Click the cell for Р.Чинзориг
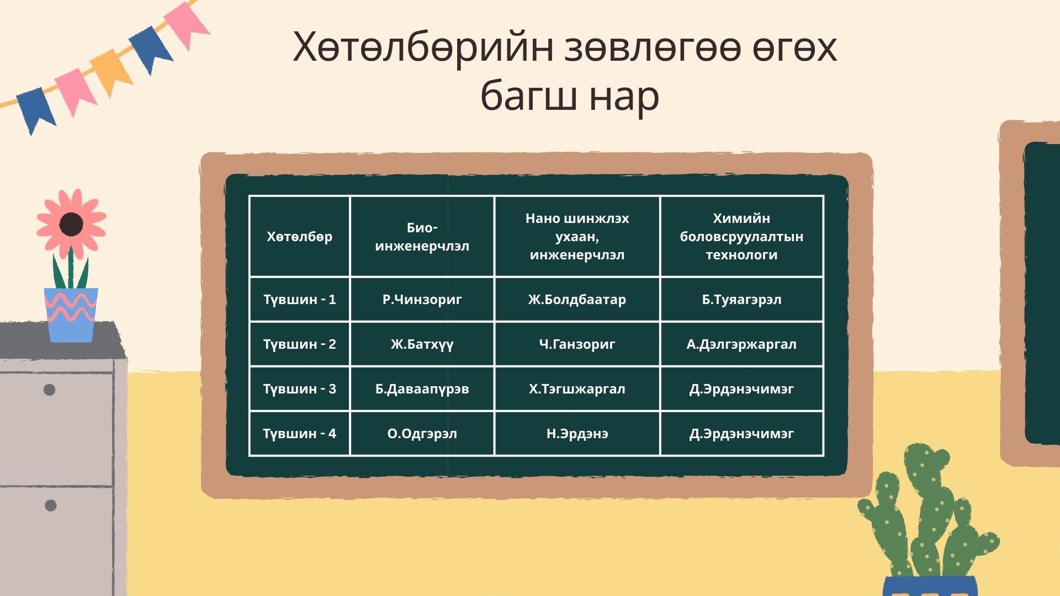click(x=422, y=300)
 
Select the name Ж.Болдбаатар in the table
click(x=577, y=300)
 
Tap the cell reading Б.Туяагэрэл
click(x=741, y=300)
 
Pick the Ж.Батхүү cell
click(x=422, y=344)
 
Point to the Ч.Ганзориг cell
click(x=577, y=344)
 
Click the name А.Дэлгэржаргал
click(x=741, y=344)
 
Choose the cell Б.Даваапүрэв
click(x=422, y=389)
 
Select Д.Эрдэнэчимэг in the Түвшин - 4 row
click(x=741, y=434)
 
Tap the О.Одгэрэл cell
click(x=422, y=434)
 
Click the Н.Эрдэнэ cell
click(x=577, y=434)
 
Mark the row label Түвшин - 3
click(x=299, y=389)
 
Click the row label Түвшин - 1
click(x=299, y=300)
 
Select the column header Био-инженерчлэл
click(x=422, y=237)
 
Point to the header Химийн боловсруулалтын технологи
click(x=741, y=237)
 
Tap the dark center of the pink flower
click(x=71, y=224)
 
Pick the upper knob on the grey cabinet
click(x=49, y=390)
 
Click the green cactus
click(x=928, y=513)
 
